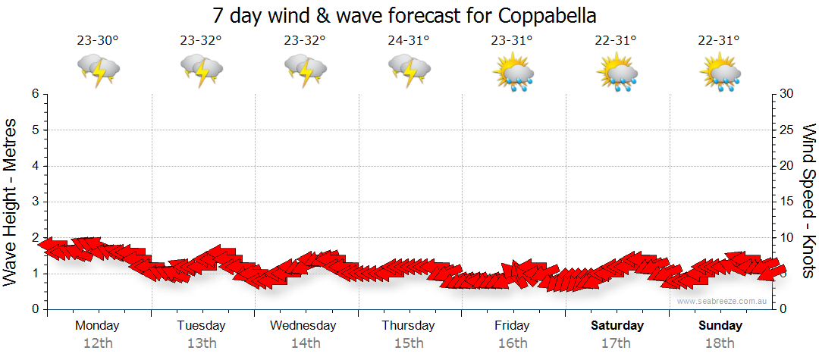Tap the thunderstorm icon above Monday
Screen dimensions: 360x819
point(98,70)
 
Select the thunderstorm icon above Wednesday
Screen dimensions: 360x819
point(306,70)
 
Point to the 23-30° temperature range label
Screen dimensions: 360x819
point(98,41)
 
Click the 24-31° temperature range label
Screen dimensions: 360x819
point(409,41)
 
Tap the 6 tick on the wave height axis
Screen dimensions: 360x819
point(35,94)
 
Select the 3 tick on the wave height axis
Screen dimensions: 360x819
point(35,202)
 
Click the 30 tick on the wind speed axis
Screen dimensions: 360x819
point(787,94)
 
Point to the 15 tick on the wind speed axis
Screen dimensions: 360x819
point(787,202)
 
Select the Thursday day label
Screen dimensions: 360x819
point(409,326)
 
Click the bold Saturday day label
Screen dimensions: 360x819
point(617,326)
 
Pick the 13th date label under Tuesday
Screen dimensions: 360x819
point(201,343)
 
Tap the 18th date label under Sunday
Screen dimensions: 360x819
point(720,343)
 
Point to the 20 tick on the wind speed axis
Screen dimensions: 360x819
point(787,166)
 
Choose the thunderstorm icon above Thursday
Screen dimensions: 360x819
point(409,70)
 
